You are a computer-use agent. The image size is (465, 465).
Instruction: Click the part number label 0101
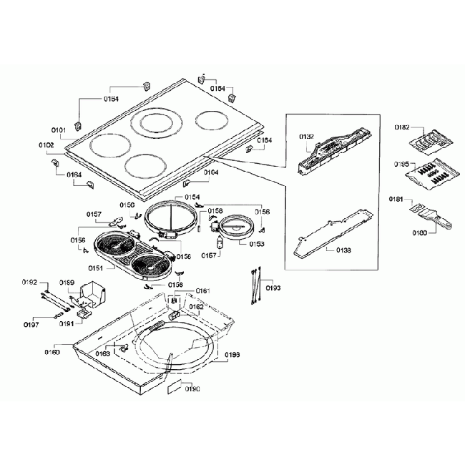coord(59,130)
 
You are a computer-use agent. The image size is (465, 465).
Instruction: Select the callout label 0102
coord(46,145)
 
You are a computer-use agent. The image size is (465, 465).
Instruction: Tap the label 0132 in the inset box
coord(306,135)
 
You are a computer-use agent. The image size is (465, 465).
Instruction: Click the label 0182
coord(402,127)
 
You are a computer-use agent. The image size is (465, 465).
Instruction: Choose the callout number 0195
coord(402,165)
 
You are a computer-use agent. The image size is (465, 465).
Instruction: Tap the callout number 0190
coord(192,390)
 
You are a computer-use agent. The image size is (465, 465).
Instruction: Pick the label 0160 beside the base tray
coord(52,352)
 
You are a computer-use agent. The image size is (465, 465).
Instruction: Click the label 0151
coord(96,268)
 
